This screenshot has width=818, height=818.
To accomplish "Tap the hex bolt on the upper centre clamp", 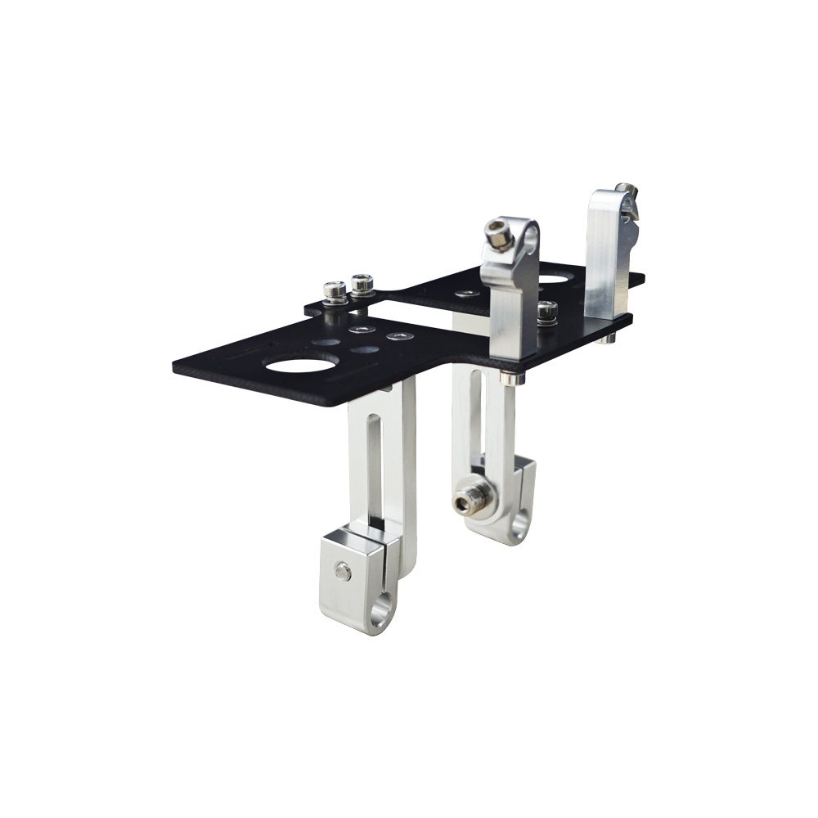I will (x=497, y=234).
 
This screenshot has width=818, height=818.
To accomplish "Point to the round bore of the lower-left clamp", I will (x=380, y=613).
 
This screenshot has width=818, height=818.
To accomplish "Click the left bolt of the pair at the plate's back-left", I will (x=334, y=291).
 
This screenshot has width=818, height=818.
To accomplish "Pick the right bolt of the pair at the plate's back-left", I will (x=362, y=285).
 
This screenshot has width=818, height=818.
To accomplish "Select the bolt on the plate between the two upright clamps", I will (x=546, y=311).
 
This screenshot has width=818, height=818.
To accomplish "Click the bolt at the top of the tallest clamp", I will (x=627, y=196).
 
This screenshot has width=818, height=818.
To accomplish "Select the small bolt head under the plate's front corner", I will (x=510, y=378).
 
